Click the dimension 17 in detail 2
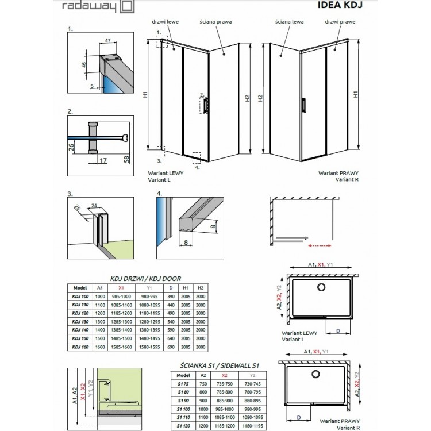pyautogui.click(x=102, y=161)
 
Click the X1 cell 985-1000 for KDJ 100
pyautogui.click(x=121, y=295)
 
